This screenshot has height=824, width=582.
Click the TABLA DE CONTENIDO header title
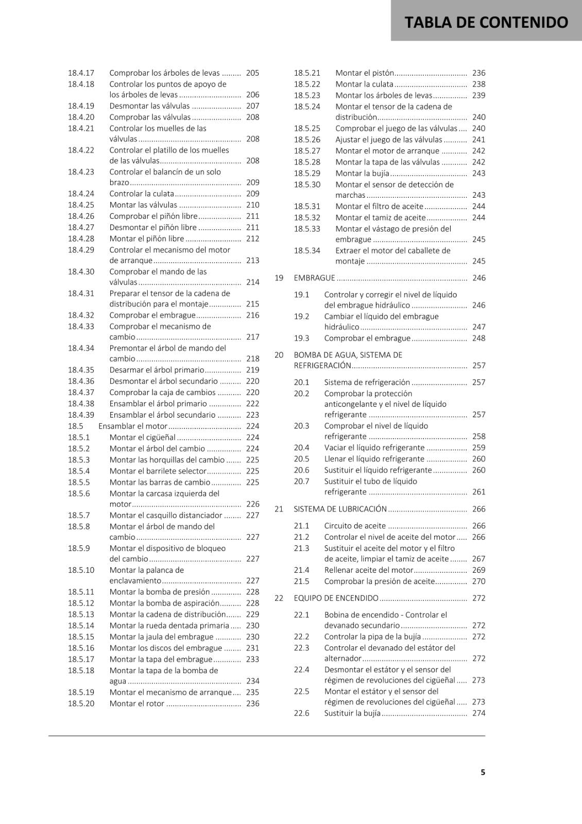[486, 22]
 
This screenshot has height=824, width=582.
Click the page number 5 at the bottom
[483, 772]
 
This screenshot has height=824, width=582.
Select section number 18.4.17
[81, 73]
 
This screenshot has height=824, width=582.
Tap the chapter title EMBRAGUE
[314, 278]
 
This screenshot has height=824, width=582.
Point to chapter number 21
[279, 509]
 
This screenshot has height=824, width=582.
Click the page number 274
[478, 713]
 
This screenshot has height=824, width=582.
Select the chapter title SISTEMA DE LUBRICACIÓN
[340, 509]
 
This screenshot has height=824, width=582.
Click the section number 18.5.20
[81, 703]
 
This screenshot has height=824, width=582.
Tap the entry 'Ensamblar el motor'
[133, 426]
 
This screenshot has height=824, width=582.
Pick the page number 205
[252, 73]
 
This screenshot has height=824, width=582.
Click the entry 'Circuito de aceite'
[355, 526]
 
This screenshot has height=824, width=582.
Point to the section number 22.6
[302, 713]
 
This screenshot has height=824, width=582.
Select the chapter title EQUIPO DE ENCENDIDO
[336, 598]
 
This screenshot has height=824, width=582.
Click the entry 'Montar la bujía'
[362, 174]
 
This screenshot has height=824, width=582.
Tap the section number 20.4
[302, 448]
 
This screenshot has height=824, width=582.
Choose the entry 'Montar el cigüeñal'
[143, 438]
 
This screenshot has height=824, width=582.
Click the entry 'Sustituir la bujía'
[352, 713]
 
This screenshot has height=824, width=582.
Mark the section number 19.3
[302, 338]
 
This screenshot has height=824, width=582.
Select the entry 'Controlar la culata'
[142, 194]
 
